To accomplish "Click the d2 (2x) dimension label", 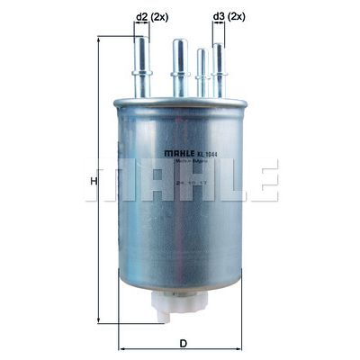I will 150,17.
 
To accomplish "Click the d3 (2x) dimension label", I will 228,17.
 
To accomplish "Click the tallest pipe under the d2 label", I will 142,63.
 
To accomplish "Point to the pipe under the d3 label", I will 217,67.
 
